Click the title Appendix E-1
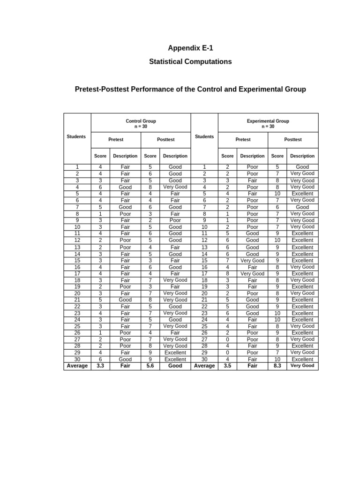click(x=190, y=48)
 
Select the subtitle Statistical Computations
click(x=190, y=61)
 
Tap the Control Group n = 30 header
click(x=141, y=123)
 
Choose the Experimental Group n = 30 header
click(x=268, y=123)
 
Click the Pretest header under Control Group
click(x=116, y=139)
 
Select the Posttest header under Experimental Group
click(x=293, y=139)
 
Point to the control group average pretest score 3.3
click(x=100, y=366)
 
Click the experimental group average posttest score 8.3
click(x=277, y=366)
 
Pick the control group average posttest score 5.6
click(x=150, y=366)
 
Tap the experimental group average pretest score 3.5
click(x=227, y=366)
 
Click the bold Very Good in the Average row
click(x=302, y=366)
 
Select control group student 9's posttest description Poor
click(x=175, y=220)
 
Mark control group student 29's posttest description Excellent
click(x=175, y=352)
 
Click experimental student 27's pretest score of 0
click(x=227, y=339)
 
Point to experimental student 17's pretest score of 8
click(x=227, y=273)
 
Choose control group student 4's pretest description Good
click(x=125, y=187)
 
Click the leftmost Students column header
click(x=76, y=136)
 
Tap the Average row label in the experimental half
click(x=204, y=366)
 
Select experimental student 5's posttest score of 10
click(x=277, y=193)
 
